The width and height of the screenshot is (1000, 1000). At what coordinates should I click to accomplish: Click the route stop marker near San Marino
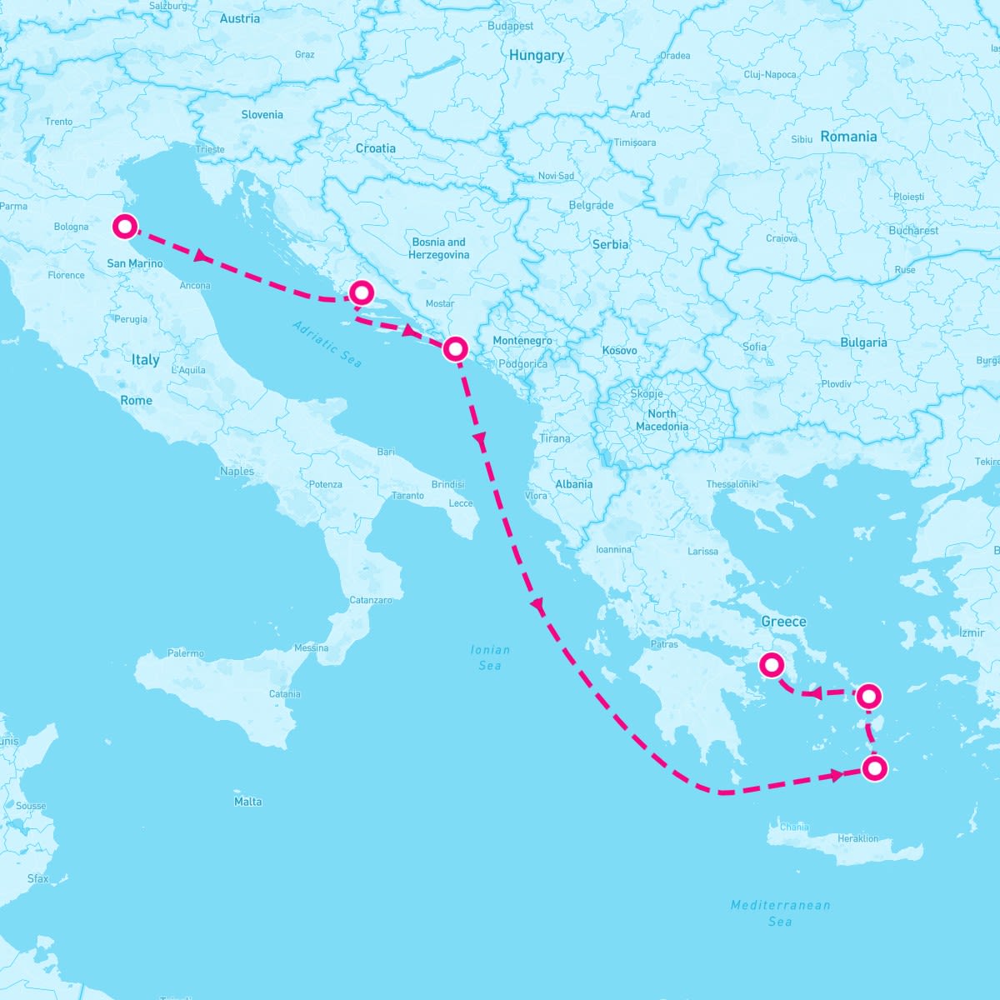(x=124, y=226)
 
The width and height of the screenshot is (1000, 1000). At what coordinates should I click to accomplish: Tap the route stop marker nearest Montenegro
(x=455, y=348)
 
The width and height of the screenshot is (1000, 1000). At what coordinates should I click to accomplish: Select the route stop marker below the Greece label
(x=772, y=665)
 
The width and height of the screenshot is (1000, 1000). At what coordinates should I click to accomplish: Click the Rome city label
(x=137, y=401)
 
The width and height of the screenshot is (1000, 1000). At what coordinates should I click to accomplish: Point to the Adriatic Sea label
(x=327, y=344)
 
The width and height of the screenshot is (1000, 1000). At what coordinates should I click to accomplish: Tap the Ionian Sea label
(x=490, y=657)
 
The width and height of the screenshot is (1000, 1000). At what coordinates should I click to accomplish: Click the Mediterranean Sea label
(x=780, y=912)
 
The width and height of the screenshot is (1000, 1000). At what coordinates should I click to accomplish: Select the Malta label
(x=248, y=802)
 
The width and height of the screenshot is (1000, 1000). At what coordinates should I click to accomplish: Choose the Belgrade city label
(x=591, y=205)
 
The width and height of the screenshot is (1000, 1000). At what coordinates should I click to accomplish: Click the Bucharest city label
(x=913, y=230)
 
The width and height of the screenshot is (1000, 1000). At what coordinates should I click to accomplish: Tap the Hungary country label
(x=537, y=55)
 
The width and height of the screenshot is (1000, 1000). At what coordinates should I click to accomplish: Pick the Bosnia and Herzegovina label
(x=439, y=248)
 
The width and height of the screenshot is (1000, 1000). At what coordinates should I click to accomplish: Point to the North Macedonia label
(x=662, y=420)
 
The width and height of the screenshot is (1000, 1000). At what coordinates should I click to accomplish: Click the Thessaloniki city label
(x=732, y=484)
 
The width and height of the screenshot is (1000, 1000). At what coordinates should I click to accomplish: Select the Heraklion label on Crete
(x=858, y=838)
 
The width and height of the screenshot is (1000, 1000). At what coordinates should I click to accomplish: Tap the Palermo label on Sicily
(x=186, y=653)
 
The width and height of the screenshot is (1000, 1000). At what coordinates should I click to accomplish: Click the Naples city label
(x=237, y=471)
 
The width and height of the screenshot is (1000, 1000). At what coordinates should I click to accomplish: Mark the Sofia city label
(x=755, y=347)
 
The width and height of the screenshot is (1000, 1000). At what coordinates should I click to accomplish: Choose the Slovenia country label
(x=262, y=115)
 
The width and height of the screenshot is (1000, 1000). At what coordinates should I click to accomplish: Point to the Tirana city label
(x=555, y=438)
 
